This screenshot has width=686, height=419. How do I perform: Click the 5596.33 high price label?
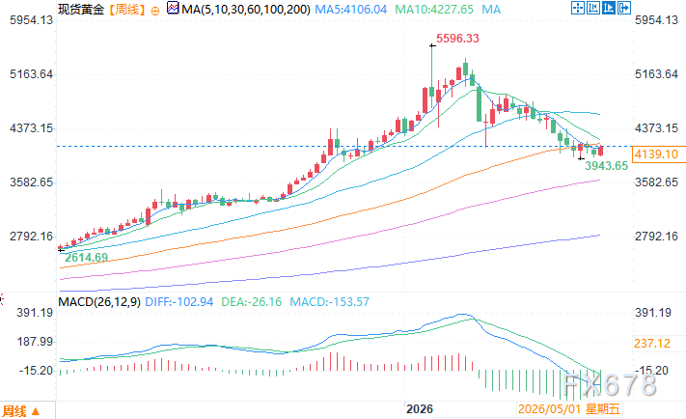point(457,39)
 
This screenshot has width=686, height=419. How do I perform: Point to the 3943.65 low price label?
point(606,166)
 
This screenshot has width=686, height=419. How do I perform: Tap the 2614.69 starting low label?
point(86,258)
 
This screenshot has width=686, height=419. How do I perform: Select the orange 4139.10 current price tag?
point(656,154)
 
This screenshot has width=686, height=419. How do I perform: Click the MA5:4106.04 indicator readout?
point(351,10)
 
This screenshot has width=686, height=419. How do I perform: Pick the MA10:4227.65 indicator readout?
point(434,10)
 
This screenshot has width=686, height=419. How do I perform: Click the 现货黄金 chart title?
point(81,10)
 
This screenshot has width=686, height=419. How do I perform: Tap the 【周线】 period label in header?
point(126,10)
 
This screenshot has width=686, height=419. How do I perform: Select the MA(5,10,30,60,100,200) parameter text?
point(246,10)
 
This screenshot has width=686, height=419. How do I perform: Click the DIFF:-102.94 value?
point(178,302)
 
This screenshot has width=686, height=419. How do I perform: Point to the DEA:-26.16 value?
point(251,302)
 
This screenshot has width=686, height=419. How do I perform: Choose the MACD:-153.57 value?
point(329,302)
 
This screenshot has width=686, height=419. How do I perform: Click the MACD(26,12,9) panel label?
point(99,302)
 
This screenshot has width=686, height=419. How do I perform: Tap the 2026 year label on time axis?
point(419,409)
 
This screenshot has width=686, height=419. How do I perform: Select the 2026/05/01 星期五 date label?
point(568,409)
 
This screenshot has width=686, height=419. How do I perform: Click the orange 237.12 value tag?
point(652,344)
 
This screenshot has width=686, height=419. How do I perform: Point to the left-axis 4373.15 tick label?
point(31,128)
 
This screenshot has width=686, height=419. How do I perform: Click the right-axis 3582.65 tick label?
point(656,182)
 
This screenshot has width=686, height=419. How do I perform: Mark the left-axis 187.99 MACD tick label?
point(35,342)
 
